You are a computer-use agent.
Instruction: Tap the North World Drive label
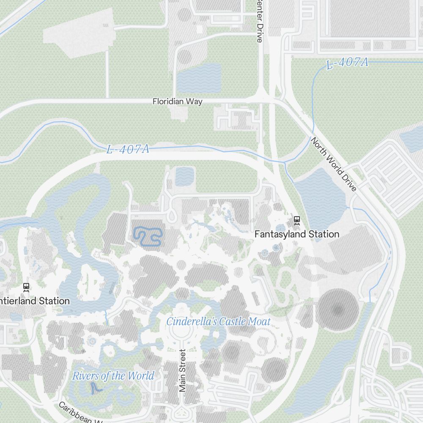pyautogui.click(x=334, y=164)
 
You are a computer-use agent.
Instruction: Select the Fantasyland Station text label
pyautogui.click(x=297, y=234)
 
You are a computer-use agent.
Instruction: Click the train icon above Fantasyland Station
pyautogui.click(x=297, y=220)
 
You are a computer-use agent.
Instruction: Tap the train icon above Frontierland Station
pyautogui.click(x=26, y=287)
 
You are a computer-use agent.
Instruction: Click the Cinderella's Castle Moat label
pyautogui.click(x=218, y=321)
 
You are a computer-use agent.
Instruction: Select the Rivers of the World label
pyautogui.click(x=113, y=376)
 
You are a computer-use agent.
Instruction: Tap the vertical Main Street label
pyautogui.click(x=182, y=371)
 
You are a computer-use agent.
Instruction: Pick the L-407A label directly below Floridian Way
pyautogui.click(x=128, y=149)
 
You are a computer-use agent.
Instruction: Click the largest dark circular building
pyautogui.click(x=338, y=311)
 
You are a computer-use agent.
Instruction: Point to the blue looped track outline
pyautogui.click(x=148, y=237)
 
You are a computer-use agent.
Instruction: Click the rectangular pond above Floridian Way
pyautogui.click(x=199, y=78)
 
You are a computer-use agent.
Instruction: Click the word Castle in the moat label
pyautogui.click(x=232, y=321)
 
